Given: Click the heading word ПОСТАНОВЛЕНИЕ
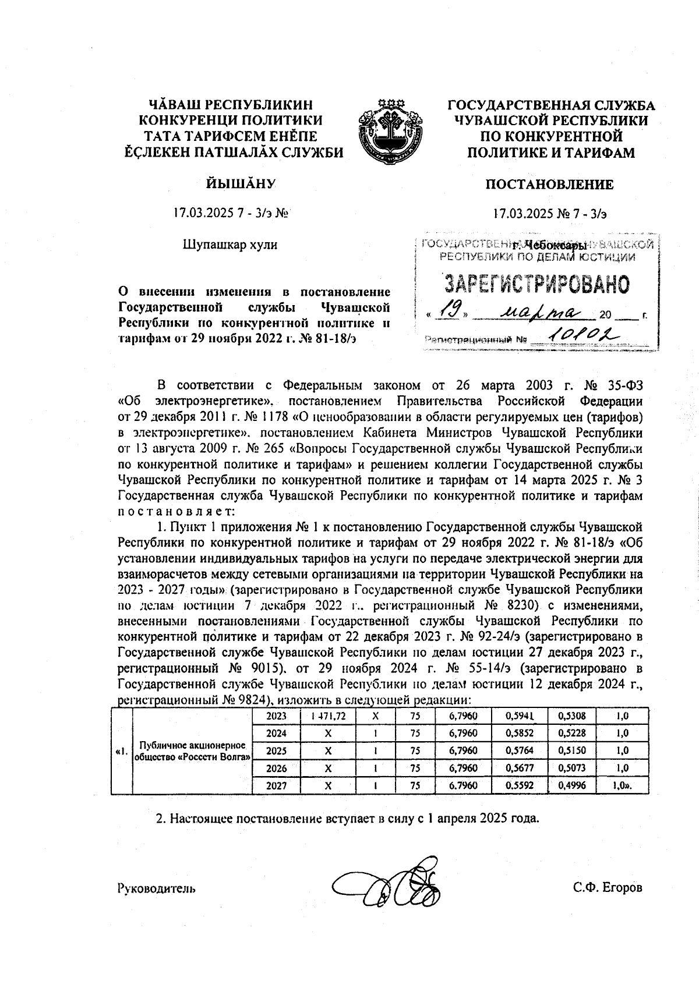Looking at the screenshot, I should click(x=549, y=185).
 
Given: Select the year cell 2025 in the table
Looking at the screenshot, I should click(x=276, y=750).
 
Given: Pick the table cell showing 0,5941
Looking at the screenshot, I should click(x=516, y=716).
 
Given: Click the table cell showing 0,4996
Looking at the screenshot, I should click(x=571, y=785).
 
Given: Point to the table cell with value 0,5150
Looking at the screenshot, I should click(x=571, y=750).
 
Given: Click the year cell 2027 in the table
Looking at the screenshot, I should click(x=276, y=785).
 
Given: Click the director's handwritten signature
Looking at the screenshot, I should click(x=389, y=884).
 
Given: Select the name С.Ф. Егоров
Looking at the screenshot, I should click(x=607, y=888).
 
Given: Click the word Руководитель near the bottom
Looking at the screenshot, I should click(x=156, y=888).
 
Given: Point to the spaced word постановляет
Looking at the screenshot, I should click(x=175, y=512).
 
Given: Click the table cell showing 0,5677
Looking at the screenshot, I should click(x=516, y=768).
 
